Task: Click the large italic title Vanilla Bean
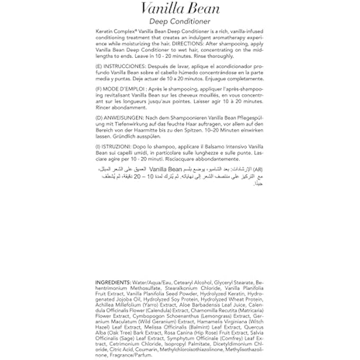(x=179, y=7)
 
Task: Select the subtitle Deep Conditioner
(x=179, y=21)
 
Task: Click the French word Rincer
(x=104, y=120)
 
